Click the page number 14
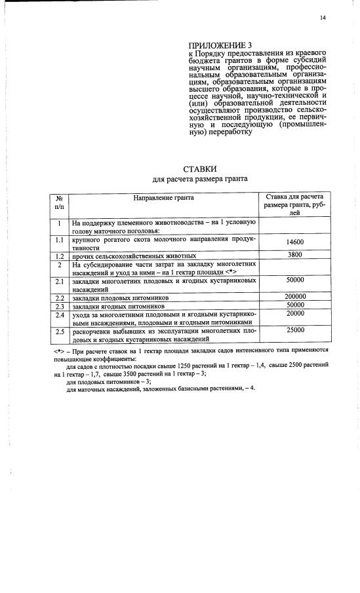323,18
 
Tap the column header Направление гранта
164,197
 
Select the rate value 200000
296,296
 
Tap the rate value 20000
295,313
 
